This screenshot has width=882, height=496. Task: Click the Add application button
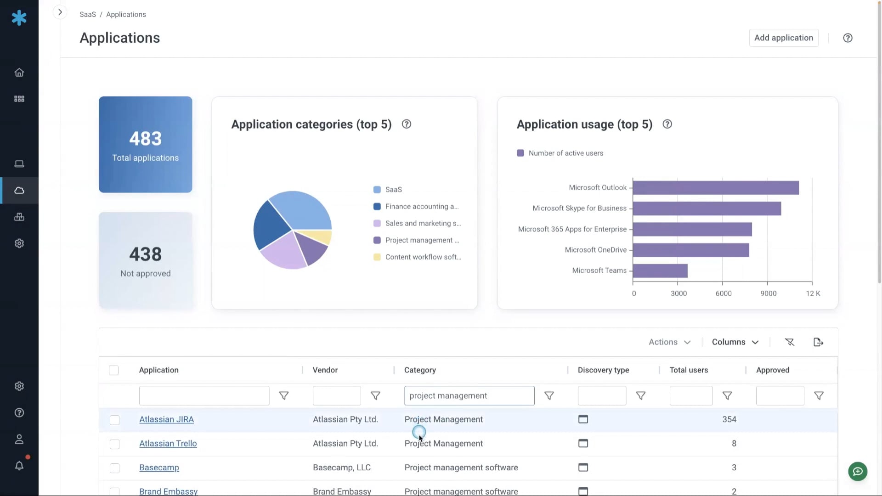(x=783, y=38)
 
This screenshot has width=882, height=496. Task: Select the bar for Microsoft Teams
(x=660, y=271)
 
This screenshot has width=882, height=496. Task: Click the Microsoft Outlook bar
(x=715, y=187)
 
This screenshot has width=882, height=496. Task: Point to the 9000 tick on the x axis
(x=768, y=293)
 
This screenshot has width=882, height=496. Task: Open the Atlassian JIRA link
(x=166, y=419)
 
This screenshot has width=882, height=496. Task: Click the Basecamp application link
(x=159, y=468)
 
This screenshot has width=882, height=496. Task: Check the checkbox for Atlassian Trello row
(x=114, y=444)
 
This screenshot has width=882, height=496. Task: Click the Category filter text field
(x=469, y=396)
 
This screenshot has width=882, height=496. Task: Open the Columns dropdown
(x=735, y=342)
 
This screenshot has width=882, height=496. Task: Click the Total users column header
(x=689, y=370)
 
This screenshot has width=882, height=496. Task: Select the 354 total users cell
(x=729, y=419)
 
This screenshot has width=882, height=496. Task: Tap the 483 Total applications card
(x=145, y=145)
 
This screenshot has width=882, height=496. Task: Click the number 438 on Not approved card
(x=145, y=254)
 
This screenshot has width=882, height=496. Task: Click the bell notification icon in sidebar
(x=19, y=466)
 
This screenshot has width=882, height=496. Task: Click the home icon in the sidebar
(x=19, y=73)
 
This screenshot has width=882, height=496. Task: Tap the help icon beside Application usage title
(x=667, y=124)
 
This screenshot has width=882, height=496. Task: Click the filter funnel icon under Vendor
(x=375, y=396)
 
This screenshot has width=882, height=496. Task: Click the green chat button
(x=857, y=472)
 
